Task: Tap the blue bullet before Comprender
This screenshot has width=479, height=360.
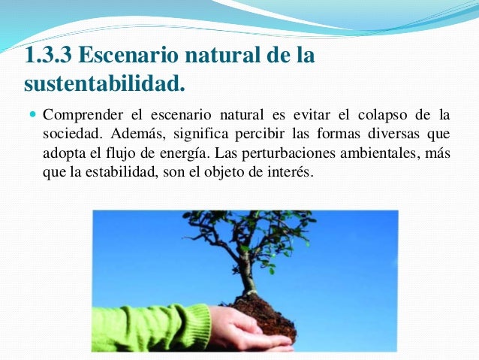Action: pyautogui.click(x=31, y=116)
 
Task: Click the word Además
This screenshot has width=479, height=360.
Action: pyautogui.click(x=134, y=135)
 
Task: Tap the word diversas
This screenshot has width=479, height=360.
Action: pyautogui.click(x=396, y=135)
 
